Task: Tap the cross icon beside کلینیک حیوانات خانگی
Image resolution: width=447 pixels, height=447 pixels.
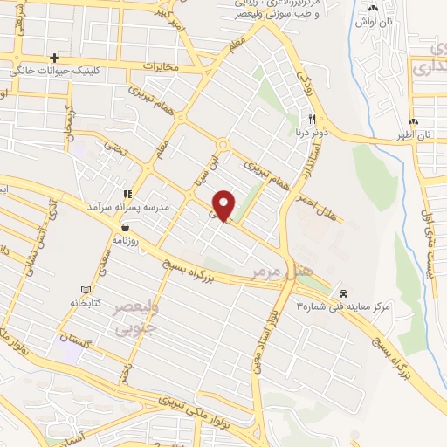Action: coord(54,58)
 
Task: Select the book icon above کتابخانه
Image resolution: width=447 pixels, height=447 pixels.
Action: coord(85,290)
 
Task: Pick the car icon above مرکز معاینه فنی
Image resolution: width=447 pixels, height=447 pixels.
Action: coord(345,293)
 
